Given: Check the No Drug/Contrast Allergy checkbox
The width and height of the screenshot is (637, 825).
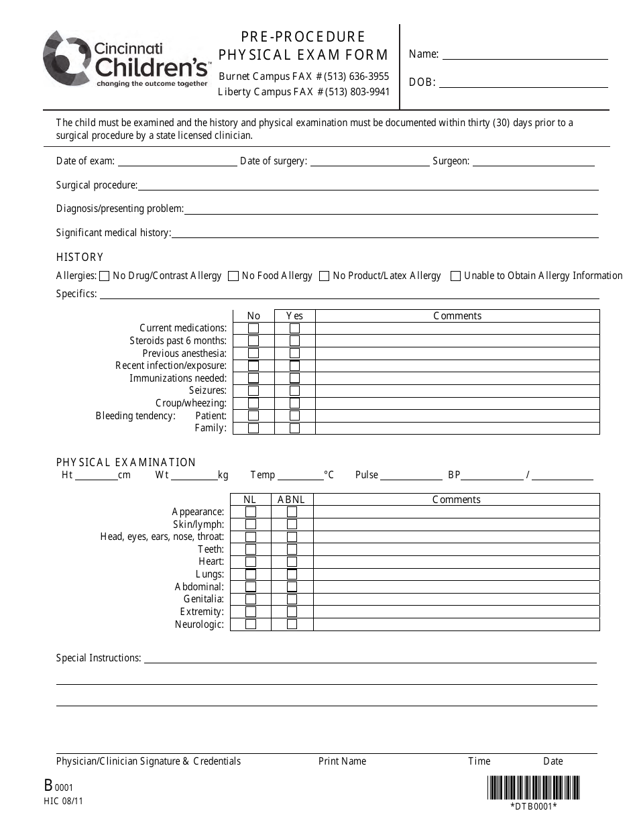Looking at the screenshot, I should coord(104,276).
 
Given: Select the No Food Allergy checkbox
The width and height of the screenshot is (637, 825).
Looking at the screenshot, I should coord(233,276).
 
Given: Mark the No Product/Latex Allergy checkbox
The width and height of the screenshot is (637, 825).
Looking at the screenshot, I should coord(325,276).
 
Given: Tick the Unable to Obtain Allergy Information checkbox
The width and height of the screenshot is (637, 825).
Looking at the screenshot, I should coord(456,276).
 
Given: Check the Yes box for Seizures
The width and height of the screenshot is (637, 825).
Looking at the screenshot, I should coord(294,391).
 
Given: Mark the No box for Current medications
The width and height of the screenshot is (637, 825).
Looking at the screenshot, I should coord(253,329).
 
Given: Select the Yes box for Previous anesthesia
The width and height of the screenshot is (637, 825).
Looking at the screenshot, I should coord(294,353).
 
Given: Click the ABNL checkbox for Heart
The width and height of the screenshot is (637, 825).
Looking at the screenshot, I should coord(292,562).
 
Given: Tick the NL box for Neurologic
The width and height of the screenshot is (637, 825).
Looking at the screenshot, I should coord(251,624).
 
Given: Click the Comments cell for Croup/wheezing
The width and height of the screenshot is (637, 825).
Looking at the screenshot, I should coord(457,404).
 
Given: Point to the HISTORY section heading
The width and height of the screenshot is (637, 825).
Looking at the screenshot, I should coord(80,258).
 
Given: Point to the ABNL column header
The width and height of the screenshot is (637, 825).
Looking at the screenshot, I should coord(292,500).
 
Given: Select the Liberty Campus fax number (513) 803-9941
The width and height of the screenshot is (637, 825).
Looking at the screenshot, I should coord(357,92).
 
